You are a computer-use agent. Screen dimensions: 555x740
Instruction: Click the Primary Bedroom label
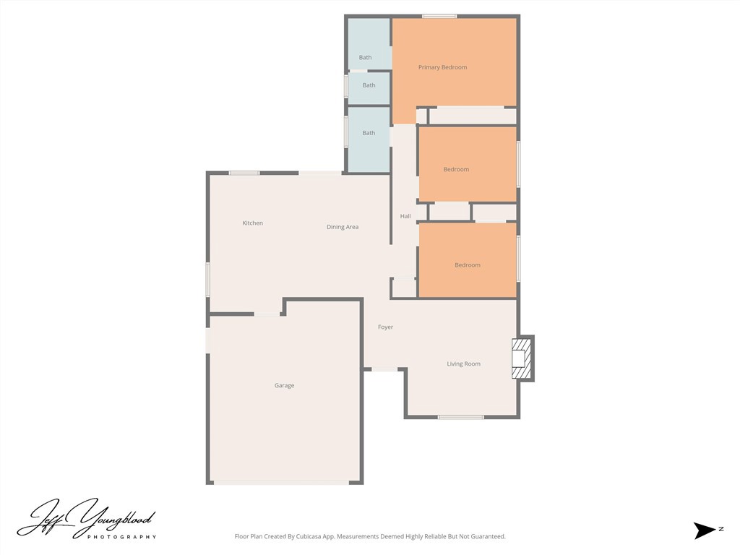442,67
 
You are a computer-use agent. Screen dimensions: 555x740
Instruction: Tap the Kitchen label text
252,223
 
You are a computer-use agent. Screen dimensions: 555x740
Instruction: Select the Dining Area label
342,227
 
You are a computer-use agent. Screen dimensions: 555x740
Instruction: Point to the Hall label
405,216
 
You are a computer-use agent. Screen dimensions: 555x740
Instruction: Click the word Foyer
385,327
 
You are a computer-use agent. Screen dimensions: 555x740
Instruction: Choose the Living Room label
463,364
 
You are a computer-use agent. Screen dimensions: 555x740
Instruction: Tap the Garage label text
284,386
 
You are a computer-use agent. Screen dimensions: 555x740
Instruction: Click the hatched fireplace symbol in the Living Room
520,358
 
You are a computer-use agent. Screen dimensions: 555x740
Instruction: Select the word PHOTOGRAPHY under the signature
121,537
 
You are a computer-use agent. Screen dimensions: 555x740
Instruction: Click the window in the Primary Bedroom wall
439,16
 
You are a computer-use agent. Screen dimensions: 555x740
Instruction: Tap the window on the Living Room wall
460,417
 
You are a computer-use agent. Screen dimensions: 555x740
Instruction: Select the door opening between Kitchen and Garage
267,314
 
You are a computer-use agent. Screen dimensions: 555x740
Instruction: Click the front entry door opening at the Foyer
384,370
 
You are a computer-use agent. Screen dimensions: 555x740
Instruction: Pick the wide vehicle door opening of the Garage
284,482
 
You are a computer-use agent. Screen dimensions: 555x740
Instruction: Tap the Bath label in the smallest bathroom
369,85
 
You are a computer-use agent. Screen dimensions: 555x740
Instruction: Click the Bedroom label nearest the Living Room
467,265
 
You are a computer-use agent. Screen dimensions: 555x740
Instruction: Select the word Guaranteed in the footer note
488,537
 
